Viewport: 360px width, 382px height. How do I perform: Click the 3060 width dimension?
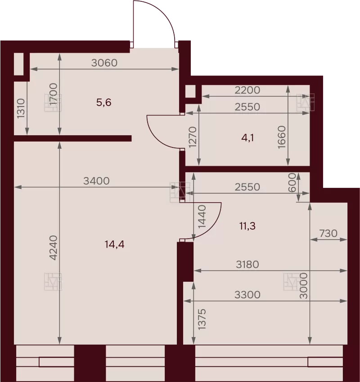104,63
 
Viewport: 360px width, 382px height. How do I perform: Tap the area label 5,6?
103,102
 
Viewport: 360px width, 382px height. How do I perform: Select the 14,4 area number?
114,244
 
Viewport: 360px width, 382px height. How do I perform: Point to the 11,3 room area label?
247,226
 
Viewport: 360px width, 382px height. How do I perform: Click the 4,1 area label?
247,138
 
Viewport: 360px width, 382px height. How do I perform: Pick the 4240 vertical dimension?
53,248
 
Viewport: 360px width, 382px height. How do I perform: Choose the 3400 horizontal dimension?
96,181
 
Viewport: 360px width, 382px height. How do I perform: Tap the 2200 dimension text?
247,90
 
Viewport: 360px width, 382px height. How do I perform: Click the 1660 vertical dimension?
281,137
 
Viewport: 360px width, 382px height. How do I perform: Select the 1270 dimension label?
193,137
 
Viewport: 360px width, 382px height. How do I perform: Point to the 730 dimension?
328,233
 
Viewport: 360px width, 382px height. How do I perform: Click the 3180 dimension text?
247,264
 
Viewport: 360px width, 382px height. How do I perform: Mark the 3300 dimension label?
247,295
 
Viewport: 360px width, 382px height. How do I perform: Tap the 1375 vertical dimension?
202,320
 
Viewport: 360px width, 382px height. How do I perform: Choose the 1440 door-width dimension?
202,217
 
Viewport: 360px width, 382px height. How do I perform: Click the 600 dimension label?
292,182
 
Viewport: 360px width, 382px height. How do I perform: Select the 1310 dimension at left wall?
21,108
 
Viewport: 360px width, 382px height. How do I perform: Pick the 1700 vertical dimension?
53,94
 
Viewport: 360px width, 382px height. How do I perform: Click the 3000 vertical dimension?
303,286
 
